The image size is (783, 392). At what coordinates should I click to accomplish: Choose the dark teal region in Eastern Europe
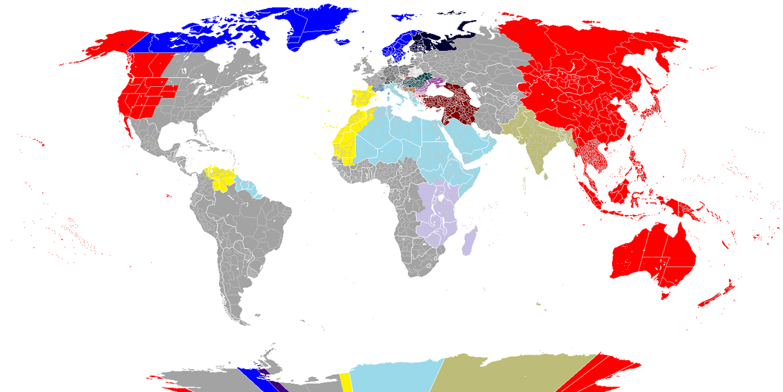click(414, 81)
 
